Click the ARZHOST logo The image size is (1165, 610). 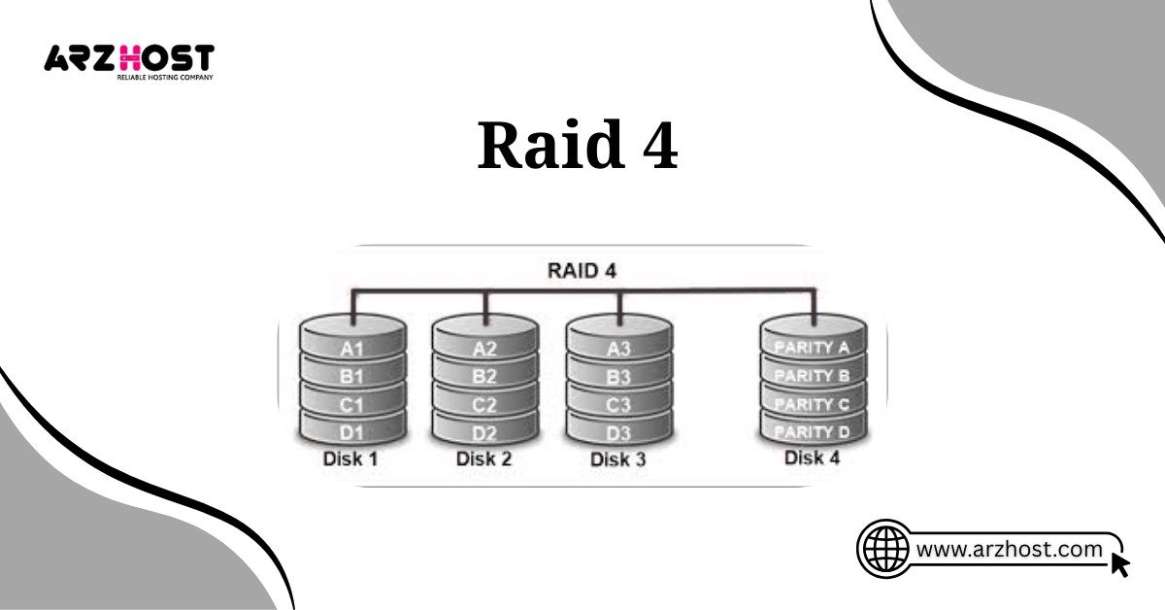[x=128, y=58]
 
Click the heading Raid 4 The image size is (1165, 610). [x=578, y=147]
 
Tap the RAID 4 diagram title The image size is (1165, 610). [x=582, y=270]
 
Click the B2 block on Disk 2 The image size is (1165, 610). [x=484, y=376]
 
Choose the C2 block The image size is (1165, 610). [x=484, y=402]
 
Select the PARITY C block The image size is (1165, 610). [x=813, y=403]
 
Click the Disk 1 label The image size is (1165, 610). [x=349, y=458]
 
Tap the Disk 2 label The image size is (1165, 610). [x=483, y=458]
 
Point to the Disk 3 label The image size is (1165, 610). [x=617, y=458]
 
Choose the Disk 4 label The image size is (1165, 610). [x=812, y=457]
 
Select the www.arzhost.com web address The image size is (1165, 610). [x=1010, y=550]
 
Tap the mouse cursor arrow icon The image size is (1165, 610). [x=1119, y=564]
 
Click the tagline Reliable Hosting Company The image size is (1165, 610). [x=165, y=76]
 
